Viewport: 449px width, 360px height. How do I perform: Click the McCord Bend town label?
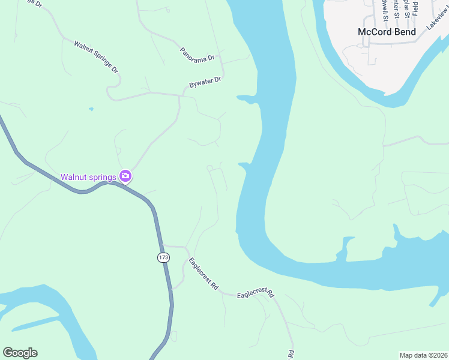387,32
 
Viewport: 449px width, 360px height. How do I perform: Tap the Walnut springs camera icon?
125,176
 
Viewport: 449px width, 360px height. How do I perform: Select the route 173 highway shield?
164,257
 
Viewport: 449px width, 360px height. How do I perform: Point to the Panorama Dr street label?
197,53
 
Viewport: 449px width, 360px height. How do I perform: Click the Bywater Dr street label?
205,83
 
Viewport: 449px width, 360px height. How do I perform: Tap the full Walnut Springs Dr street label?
96,57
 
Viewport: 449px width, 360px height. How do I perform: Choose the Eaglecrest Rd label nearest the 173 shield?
203,274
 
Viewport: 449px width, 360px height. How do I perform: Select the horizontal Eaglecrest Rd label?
255,294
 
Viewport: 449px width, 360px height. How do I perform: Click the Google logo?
20,353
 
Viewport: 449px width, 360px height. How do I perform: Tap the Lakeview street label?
438,21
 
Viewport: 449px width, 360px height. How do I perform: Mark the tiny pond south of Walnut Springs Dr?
91,109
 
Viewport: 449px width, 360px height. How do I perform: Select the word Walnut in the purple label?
74,177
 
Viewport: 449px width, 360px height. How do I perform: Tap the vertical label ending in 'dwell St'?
384,9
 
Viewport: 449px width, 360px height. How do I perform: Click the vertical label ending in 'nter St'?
395,9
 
